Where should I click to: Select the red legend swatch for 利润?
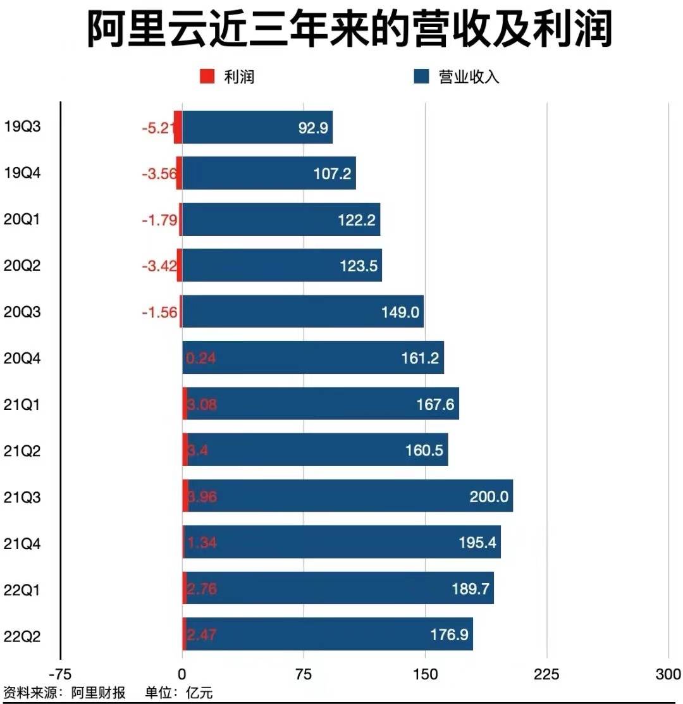point(207,77)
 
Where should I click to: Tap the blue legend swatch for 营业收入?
point(422,77)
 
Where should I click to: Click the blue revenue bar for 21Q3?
point(348,496)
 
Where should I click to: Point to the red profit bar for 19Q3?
point(178,127)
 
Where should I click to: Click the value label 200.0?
point(489,497)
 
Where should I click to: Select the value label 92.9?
point(313,128)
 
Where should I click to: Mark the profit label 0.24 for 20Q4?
point(201,359)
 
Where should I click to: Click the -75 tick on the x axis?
point(59,674)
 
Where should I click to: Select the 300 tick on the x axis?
point(668,674)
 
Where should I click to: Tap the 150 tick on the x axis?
point(425,674)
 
